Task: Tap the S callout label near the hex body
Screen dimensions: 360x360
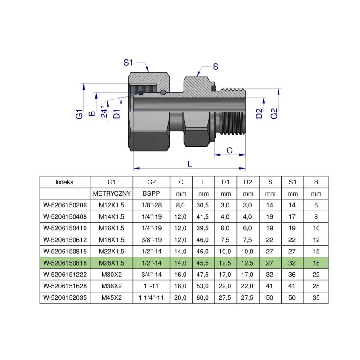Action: click(x=215, y=67)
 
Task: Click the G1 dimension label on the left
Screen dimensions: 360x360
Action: click(x=79, y=113)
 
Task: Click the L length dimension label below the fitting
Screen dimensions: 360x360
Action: click(x=189, y=164)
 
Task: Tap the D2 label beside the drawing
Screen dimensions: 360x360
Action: click(x=259, y=113)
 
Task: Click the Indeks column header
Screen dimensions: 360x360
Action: click(x=65, y=182)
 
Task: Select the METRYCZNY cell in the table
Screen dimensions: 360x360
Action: click(x=112, y=194)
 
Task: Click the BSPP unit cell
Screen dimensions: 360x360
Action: click(x=151, y=194)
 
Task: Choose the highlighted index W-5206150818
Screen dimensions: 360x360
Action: click(x=65, y=262)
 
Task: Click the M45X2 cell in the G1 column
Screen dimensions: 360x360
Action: click(x=112, y=297)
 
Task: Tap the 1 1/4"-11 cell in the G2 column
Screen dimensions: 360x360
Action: click(x=151, y=297)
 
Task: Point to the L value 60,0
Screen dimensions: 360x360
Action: click(x=203, y=297)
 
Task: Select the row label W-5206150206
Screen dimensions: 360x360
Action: click(x=65, y=205)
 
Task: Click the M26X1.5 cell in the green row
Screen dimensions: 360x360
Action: click(x=112, y=262)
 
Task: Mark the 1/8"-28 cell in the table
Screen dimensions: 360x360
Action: click(x=151, y=205)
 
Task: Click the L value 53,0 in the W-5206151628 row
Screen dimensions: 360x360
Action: click(x=203, y=285)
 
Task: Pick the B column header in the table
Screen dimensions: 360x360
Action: click(x=316, y=182)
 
